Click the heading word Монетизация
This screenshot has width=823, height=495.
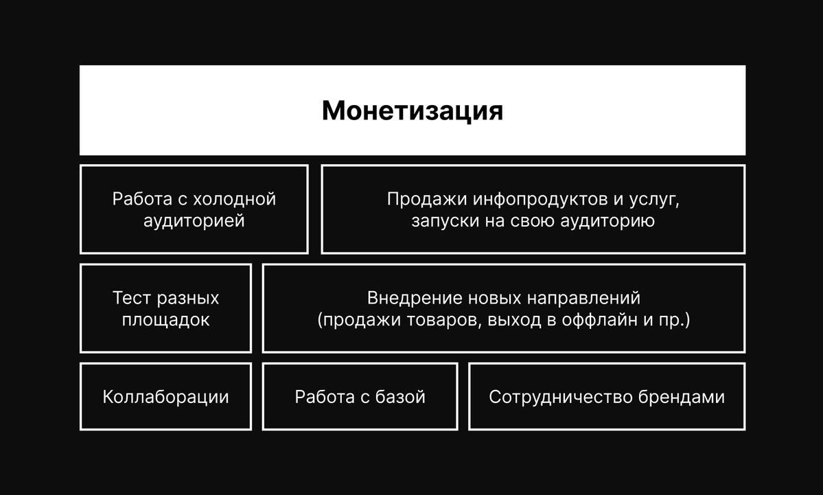tap(413, 111)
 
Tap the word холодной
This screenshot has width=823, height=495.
tap(234, 199)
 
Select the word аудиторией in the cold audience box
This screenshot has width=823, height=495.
tap(194, 221)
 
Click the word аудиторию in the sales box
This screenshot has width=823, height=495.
tap(607, 221)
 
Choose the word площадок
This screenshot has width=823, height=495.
tap(166, 320)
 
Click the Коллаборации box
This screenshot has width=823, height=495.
tap(166, 396)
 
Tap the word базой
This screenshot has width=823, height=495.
tap(400, 397)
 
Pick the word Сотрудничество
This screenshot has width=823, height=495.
tap(561, 397)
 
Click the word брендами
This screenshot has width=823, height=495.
tap(682, 397)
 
